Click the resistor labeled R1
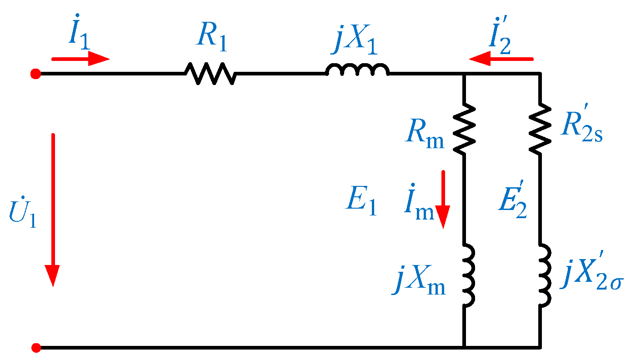click(210, 73)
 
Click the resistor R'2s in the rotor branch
click(540, 129)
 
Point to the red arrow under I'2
click(501, 59)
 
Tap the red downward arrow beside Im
click(442, 200)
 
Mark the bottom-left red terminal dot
click(36, 348)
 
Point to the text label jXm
click(419, 282)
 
